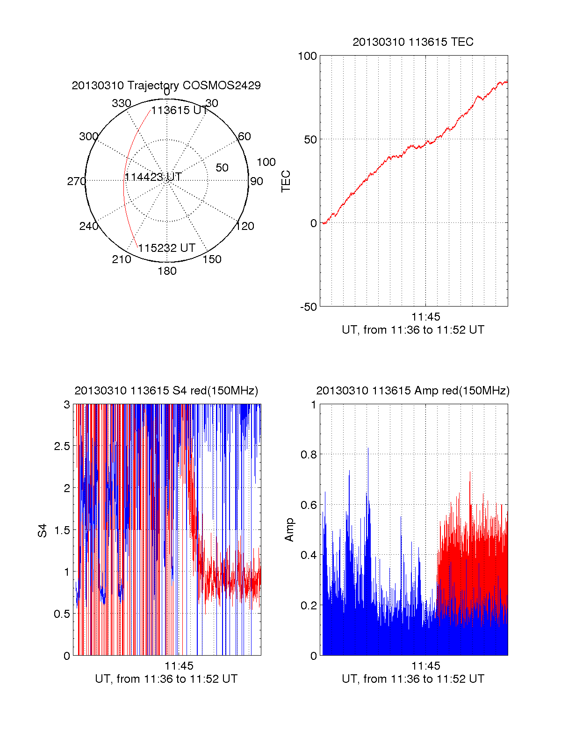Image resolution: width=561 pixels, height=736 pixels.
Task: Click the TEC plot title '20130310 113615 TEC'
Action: (413, 42)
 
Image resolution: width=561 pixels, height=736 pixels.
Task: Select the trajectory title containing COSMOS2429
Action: (166, 86)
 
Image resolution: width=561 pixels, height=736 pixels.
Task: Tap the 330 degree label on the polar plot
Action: (121, 103)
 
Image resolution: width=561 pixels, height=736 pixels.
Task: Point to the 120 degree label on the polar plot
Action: (245, 226)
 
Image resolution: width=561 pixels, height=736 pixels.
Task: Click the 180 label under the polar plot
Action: (167, 271)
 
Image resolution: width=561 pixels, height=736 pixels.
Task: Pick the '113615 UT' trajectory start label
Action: (179, 110)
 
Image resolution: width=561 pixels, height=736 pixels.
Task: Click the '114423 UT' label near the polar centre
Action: (153, 177)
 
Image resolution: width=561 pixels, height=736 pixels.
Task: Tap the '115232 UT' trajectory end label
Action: (166, 248)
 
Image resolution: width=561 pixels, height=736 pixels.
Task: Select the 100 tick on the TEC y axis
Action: (307, 57)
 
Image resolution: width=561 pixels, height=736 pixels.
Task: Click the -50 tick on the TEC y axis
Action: (309, 307)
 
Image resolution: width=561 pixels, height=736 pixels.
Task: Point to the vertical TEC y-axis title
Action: (286, 181)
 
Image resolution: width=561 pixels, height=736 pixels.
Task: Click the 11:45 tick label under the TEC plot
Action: (425, 317)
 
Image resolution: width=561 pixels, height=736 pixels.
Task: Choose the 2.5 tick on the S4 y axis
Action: (62, 446)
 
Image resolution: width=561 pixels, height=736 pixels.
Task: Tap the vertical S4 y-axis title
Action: (43, 530)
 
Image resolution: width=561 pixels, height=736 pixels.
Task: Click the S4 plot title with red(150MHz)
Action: (166, 391)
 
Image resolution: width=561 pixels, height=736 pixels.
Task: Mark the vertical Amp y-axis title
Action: (289, 530)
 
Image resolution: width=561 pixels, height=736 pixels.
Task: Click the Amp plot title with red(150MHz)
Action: (413, 391)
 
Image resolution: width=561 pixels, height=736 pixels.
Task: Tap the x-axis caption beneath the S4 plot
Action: (166, 679)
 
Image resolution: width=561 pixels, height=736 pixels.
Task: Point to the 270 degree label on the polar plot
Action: (76, 181)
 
